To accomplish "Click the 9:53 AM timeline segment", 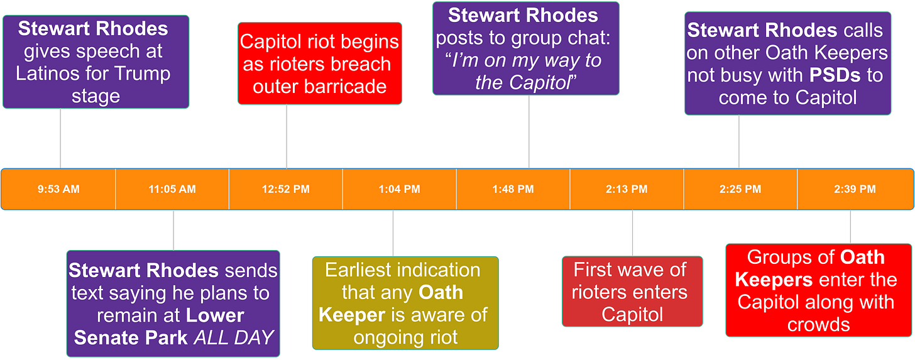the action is click(x=58, y=189).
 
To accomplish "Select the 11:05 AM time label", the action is click(x=172, y=189).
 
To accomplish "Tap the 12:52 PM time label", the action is click(x=286, y=189).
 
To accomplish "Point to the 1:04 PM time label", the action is click(x=400, y=189).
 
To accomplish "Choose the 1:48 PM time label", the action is click(x=513, y=189).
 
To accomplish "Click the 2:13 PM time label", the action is click(x=627, y=189).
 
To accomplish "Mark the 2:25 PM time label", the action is click(x=741, y=189).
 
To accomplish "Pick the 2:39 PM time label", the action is click(x=855, y=189).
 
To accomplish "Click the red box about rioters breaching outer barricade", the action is click(x=319, y=63).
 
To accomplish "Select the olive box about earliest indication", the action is click(x=405, y=303).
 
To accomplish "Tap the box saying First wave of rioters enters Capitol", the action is click(x=632, y=292).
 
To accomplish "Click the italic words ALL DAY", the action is click(x=234, y=337).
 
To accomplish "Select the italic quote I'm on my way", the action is click(x=525, y=60).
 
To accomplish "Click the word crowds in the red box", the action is click(x=818, y=324).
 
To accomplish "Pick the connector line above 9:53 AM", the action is click(x=60, y=138).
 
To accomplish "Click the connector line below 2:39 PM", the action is click(x=850, y=227).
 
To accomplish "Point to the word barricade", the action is click(x=320, y=86).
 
